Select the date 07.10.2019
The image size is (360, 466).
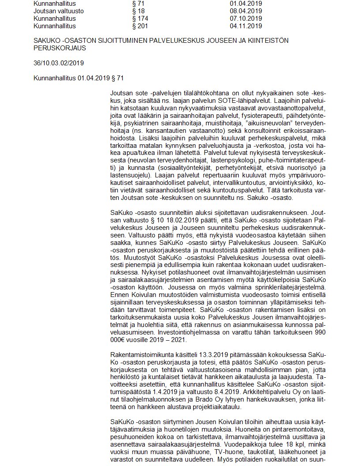tap(243, 19)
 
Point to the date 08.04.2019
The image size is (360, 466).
tap(243, 11)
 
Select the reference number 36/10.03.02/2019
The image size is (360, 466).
tap(59, 63)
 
